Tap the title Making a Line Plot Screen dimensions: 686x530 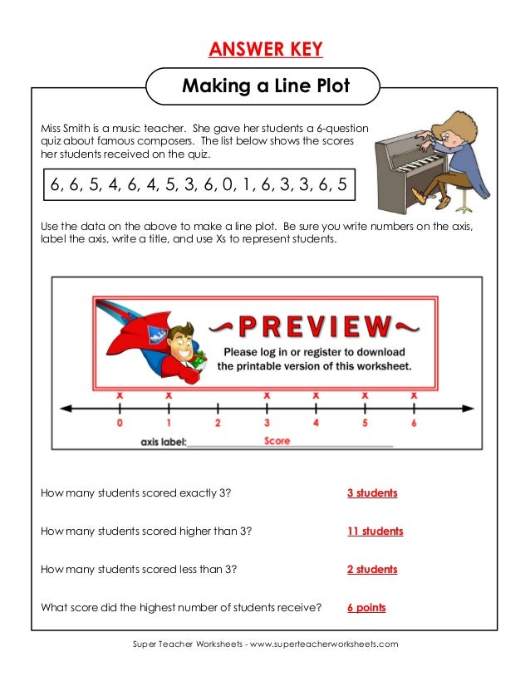265,86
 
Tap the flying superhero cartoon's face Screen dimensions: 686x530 176,341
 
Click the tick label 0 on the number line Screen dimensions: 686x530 120,424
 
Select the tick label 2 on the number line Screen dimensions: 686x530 218,424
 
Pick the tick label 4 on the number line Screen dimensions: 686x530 316,424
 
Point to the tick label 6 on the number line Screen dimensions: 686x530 414,424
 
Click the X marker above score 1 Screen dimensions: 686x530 169,395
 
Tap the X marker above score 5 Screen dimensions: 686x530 365,395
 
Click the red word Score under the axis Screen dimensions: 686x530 277,441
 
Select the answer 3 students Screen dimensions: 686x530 372,493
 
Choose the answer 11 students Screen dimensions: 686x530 375,532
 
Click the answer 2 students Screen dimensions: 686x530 372,570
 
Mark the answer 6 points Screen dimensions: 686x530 366,608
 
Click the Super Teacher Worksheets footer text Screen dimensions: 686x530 265,644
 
